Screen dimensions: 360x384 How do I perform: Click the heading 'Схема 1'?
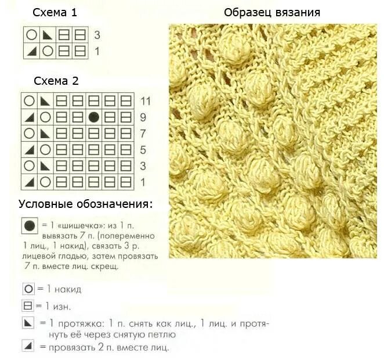54,13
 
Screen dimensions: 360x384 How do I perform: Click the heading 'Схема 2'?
56,81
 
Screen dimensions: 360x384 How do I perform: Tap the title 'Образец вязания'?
272,13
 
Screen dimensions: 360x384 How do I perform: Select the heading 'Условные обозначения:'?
86,204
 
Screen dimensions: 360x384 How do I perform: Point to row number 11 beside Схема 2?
145,101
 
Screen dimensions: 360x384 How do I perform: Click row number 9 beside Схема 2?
143,117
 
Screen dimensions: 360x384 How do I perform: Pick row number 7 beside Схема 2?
143,134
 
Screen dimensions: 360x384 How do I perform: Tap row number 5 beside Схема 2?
143,150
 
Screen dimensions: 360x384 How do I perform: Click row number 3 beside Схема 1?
97,35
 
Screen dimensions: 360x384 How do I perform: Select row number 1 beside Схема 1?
97,51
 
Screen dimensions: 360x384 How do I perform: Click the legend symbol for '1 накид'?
27,289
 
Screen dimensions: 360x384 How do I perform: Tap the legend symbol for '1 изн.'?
27,305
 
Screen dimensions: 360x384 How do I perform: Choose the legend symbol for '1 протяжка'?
27,322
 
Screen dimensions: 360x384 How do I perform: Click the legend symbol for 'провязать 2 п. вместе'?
27,347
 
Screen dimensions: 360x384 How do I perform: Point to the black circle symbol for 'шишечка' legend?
27,225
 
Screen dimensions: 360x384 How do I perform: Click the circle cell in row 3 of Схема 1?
31,35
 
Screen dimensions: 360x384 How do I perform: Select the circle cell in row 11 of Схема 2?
28,100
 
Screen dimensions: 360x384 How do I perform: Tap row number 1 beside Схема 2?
143,182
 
